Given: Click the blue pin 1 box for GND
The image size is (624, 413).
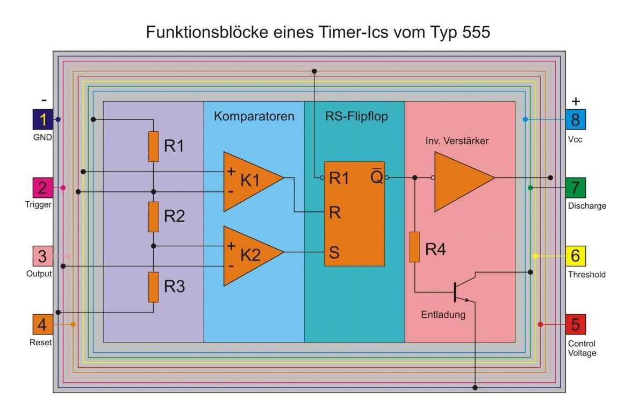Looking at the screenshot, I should [42, 119].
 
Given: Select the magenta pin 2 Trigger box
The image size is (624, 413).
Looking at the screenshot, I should [42, 188].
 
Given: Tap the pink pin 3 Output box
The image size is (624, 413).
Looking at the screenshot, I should [42, 255].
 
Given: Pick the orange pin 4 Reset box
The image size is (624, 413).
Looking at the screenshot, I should [42, 324].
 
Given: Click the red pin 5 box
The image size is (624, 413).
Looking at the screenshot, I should [576, 324].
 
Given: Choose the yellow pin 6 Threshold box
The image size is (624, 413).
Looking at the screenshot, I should [576, 256].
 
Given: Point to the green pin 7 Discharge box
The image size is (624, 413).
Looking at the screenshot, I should [576, 188].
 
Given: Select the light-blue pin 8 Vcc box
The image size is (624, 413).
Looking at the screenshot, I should [576, 119].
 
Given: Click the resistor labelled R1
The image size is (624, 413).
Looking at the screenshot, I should [154, 146].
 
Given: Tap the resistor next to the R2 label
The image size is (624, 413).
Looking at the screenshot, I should [154, 217].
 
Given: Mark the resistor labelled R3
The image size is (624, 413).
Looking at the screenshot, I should [154, 287].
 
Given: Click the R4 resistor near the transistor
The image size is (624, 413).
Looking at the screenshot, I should [414, 247].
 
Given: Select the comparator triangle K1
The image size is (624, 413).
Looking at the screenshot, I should [250, 181].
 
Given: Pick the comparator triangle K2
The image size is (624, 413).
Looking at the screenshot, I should [250, 255].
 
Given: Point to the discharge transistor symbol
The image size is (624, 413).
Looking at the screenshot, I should [460, 291].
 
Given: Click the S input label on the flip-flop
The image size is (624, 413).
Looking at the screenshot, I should [334, 253].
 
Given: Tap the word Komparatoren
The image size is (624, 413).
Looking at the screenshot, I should [254, 116].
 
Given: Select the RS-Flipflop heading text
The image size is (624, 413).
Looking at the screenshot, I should [356, 116].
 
